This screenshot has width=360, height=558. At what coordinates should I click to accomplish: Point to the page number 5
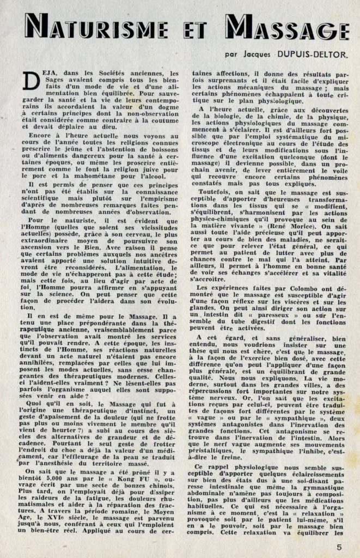340,547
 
